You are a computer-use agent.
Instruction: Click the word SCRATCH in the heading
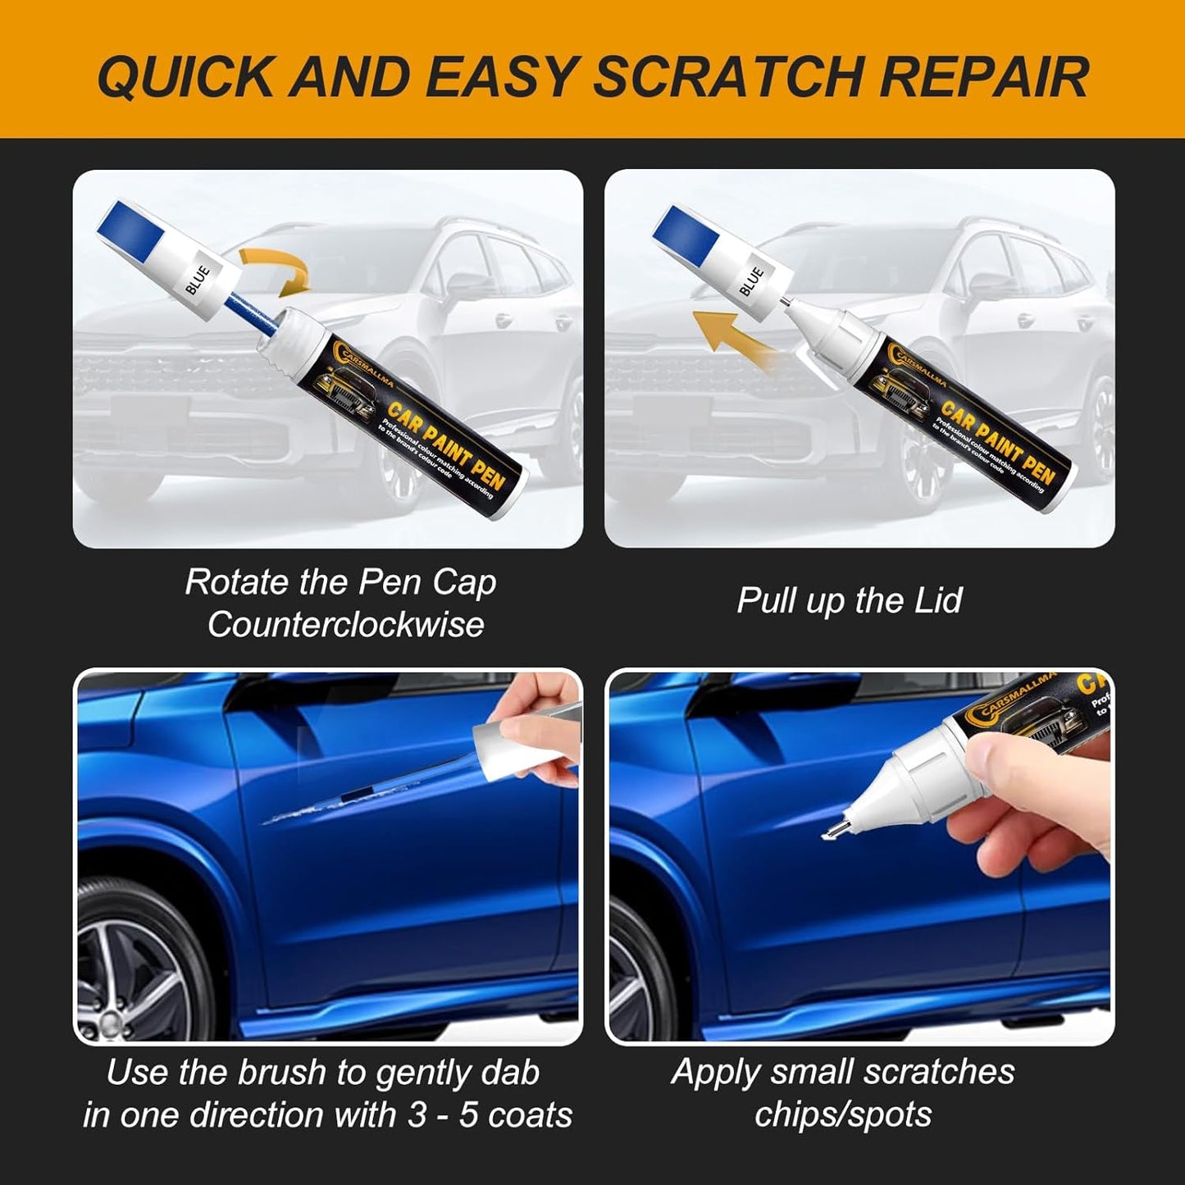click(728, 77)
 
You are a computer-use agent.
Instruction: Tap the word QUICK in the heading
click(185, 77)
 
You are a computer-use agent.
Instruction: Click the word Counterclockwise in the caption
click(345, 625)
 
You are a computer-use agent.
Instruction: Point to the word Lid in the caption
click(940, 600)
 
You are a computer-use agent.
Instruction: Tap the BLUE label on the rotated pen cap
click(198, 280)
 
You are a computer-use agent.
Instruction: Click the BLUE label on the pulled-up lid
click(751, 280)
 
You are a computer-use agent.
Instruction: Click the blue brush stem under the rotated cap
click(246, 316)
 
